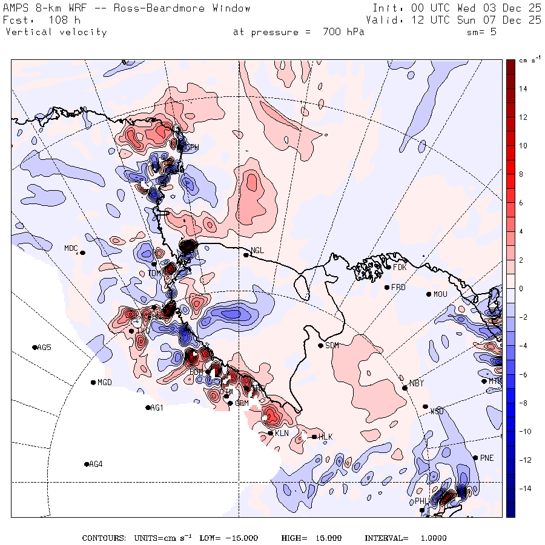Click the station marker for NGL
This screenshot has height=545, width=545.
click(x=246, y=255)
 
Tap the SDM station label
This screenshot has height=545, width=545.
click(x=332, y=346)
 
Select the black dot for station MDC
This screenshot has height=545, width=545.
click(x=82, y=253)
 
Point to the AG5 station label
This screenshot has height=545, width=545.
click(x=44, y=348)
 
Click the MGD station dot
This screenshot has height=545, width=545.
click(x=93, y=382)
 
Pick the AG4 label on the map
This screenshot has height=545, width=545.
click(x=96, y=464)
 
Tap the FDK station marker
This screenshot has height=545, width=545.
click(x=388, y=266)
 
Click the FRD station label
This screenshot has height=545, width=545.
click(x=398, y=287)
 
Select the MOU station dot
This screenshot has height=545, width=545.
click(x=428, y=294)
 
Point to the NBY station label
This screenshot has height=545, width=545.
click(x=416, y=383)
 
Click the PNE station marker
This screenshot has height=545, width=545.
click(x=475, y=457)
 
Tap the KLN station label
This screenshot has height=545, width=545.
click(x=282, y=434)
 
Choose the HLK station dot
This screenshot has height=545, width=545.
click(x=314, y=437)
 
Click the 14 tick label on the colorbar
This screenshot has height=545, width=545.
click(x=522, y=89)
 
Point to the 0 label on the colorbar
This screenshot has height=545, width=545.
click(x=521, y=289)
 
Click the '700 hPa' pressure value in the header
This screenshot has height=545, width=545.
click(x=342, y=32)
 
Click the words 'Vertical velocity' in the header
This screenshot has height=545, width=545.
click(x=56, y=32)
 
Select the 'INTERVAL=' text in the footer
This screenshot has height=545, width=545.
click(x=386, y=538)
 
